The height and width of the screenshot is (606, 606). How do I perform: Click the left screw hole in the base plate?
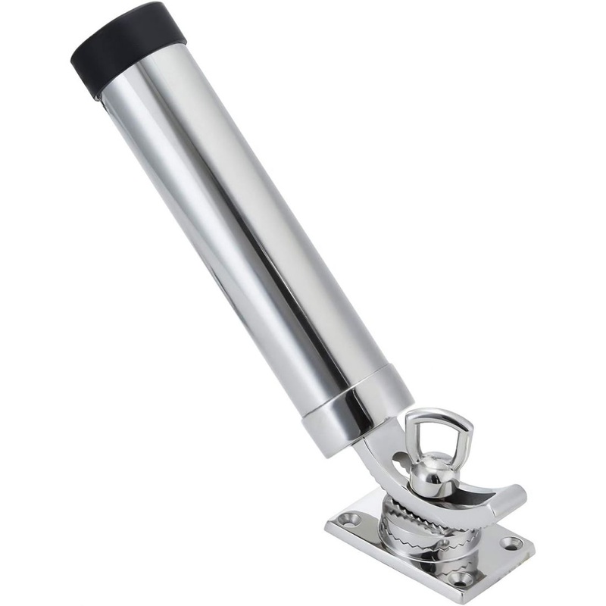click(351, 520)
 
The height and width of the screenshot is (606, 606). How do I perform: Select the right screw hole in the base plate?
click(512, 542)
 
